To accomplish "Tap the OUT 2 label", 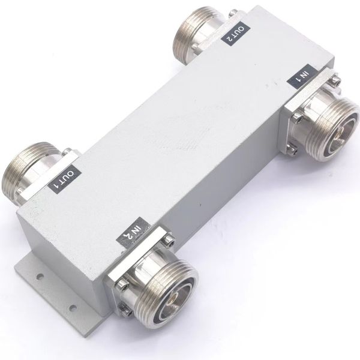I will (235, 34).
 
